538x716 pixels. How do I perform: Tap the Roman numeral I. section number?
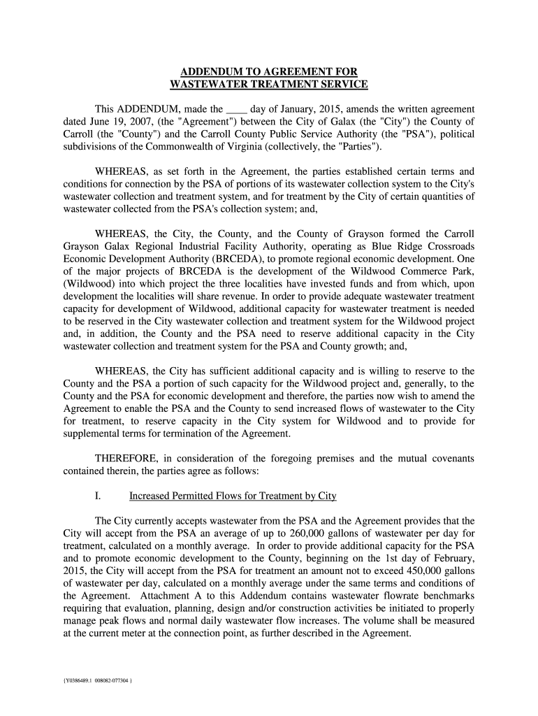tap(98, 496)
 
